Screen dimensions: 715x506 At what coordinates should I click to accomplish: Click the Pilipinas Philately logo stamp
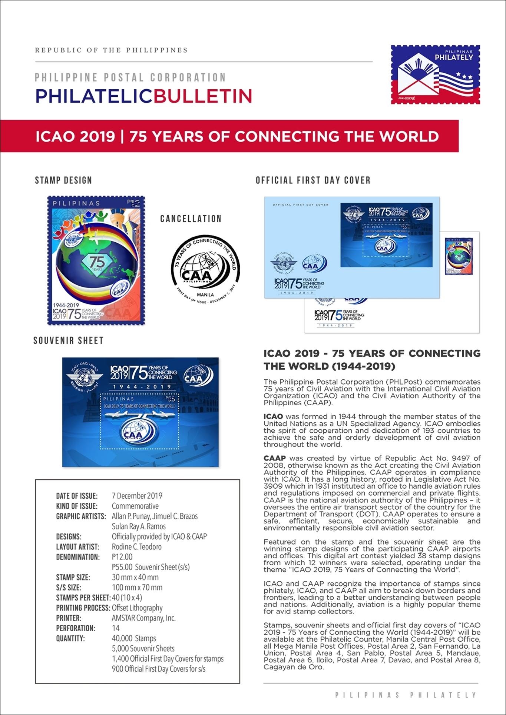pos(435,74)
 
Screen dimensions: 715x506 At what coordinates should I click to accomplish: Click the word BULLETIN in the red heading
pos(202,96)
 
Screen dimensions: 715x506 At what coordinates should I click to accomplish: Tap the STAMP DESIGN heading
pos(63,180)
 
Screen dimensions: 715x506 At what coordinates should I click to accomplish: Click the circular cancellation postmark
pos(205,270)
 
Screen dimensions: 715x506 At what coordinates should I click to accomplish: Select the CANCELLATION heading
pos(191,219)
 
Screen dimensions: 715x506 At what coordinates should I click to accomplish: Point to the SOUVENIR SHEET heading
pos(68,340)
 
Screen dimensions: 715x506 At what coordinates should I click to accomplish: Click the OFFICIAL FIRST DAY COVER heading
pos(313,180)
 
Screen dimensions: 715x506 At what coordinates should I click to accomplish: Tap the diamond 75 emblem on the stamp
pos(97,263)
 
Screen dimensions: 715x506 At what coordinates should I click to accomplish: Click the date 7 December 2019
pos(137,496)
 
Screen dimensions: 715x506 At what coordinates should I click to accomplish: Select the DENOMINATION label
pos(78,557)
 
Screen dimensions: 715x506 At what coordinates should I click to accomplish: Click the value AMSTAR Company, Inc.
pos(143,618)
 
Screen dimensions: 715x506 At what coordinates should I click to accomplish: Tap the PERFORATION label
pos(76,628)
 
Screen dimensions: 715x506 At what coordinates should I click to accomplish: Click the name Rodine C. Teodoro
pos(136,547)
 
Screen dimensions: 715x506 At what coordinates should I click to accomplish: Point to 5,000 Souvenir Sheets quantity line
pos(143,649)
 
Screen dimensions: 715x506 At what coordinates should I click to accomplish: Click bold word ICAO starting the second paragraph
pos(273,416)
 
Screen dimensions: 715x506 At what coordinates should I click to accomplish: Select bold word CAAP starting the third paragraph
pos(274,458)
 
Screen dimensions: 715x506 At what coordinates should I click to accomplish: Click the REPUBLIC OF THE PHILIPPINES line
pos(111,50)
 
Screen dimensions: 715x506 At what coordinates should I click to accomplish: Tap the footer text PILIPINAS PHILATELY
pos(406,695)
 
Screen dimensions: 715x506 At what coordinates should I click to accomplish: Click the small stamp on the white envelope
pos(459,256)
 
